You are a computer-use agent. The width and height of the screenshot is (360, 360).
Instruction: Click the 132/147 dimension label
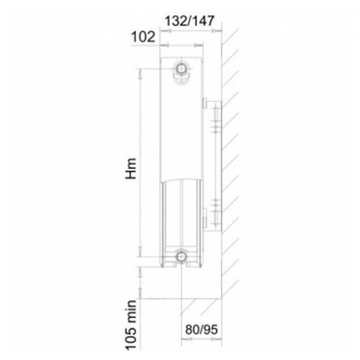click(189, 21)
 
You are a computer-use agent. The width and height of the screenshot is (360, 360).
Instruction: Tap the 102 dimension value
click(143, 37)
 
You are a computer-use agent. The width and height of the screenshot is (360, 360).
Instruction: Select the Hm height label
click(131, 168)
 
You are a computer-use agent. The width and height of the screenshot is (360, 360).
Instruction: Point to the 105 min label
click(131, 325)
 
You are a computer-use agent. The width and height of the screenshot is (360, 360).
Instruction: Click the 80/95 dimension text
click(202, 329)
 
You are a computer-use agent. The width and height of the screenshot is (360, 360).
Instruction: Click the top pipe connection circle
click(181, 68)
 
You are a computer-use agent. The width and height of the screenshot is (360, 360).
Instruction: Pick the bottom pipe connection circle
click(181, 256)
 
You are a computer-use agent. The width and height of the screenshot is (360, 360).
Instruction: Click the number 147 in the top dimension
click(202, 21)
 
